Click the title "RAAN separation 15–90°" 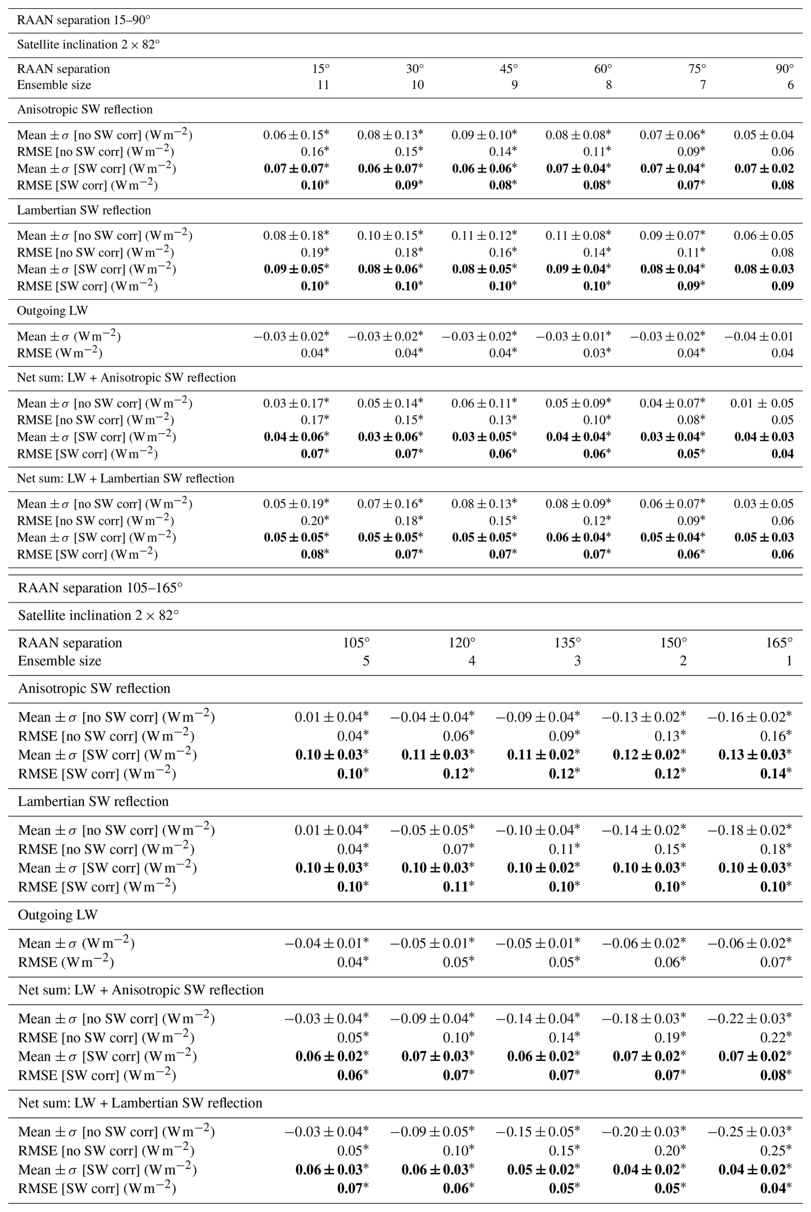83,21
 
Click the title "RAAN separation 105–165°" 100,588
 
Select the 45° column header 509,69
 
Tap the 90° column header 784,69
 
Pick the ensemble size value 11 323,85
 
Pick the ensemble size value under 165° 789,660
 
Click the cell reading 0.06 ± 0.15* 296,135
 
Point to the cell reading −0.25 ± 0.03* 749,1131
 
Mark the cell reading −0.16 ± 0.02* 749,717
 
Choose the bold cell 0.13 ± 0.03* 754,754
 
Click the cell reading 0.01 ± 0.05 762,403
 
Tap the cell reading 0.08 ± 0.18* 296,236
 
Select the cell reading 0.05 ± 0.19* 296,504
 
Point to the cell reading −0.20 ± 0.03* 644,1131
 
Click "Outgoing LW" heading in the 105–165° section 57,915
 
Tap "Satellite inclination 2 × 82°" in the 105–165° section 98,615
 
